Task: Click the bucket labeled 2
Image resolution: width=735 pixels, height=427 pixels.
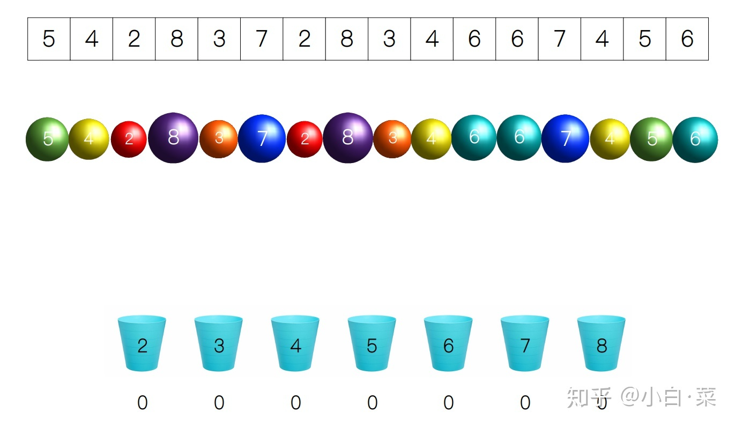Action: click(x=142, y=343)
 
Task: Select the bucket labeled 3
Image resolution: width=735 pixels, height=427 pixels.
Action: click(x=218, y=343)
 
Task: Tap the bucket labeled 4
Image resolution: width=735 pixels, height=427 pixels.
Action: click(x=295, y=343)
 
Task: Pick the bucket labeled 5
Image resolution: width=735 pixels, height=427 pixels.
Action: click(x=372, y=343)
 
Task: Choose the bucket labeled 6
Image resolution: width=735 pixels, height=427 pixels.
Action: click(x=448, y=343)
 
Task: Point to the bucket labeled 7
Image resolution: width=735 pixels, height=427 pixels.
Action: click(x=525, y=343)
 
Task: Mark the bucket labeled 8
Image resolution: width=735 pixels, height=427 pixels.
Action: click(x=601, y=343)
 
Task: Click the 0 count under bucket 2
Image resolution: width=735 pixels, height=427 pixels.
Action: click(x=142, y=403)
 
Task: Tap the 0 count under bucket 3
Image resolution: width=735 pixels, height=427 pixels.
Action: click(x=219, y=403)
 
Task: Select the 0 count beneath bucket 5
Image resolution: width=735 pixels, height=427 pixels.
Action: click(x=372, y=403)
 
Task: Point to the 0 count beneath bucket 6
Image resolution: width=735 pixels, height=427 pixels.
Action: click(x=449, y=403)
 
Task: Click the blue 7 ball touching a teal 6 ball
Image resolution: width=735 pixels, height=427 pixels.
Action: click(x=565, y=138)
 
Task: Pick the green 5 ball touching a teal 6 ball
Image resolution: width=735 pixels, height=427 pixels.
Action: click(x=651, y=139)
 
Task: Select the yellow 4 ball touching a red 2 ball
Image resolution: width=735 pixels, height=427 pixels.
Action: click(x=89, y=139)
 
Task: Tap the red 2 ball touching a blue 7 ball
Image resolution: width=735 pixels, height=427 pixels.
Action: click(x=305, y=139)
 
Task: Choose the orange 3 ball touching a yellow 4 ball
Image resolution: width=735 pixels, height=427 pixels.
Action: click(x=392, y=139)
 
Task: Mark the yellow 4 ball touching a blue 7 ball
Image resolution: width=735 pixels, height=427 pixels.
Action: click(x=610, y=139)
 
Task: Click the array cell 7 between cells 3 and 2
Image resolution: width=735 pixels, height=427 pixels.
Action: click(x=262, y=39)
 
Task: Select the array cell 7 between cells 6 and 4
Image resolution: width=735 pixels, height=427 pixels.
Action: click(x=559, y=39)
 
